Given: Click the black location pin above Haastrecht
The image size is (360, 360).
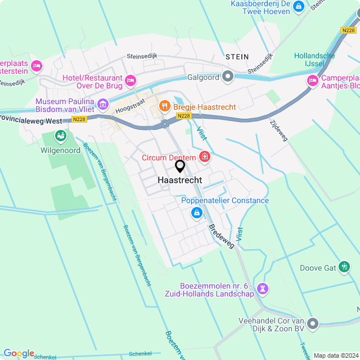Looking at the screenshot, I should tap(180, 166).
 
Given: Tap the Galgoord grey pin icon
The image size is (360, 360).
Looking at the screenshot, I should tap(227, 75).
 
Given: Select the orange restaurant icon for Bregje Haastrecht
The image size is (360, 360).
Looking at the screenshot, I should tap(164, 105).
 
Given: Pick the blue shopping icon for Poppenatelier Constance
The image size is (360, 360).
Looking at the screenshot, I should tap(197, 213).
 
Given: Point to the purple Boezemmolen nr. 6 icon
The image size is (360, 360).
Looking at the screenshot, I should tap(262, 289).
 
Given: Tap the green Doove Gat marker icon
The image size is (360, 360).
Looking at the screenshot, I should tap(345, 268).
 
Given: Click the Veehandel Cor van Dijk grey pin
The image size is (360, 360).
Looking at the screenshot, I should tap(313, 323).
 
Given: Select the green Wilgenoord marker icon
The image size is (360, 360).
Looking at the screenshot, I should tap(60, 136).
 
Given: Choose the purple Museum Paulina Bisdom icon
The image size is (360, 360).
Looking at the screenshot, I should tap(102, 104).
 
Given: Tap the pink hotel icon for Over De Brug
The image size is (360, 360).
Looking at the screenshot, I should tap(130, 81).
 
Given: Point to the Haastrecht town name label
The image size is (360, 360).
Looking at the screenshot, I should tap(180, 180).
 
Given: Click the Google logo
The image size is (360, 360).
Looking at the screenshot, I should tap(19, 353).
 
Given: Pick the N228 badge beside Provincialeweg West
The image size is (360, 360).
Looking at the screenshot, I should tap(79, 120).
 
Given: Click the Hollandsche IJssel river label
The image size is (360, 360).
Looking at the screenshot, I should tap(314, 60).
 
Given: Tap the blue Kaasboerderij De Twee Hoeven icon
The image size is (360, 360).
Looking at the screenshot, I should tap(299, 7).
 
